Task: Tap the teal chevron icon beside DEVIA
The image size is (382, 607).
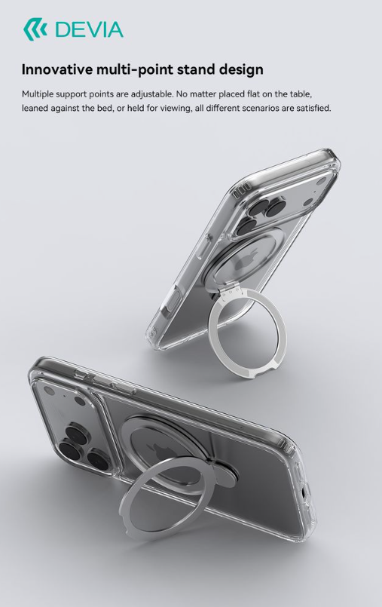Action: click(x=35, y=29)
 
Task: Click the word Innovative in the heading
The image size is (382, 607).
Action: click(x=57, y=69)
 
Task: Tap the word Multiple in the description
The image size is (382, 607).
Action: click(x=38, y=94)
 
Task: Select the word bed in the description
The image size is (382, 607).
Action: click(x=106, y=108)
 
